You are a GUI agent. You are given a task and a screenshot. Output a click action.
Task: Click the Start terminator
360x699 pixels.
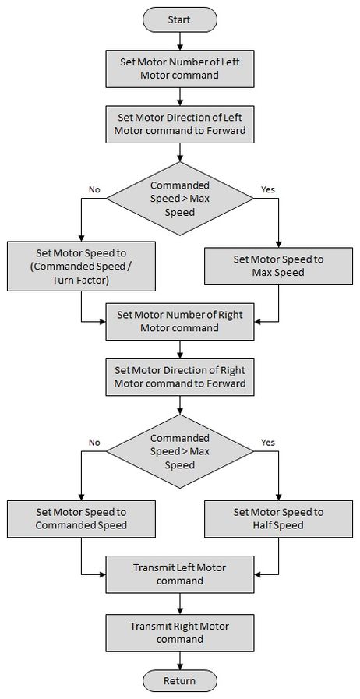coord(179,20)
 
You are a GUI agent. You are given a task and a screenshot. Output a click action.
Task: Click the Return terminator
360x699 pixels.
coord(179,681)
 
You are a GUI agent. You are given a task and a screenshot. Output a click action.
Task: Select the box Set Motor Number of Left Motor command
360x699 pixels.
coord(179,69)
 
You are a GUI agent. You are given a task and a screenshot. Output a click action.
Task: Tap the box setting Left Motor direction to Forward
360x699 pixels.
coord(179,125)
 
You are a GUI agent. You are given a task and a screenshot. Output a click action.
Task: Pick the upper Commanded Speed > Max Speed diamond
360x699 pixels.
coord(179,199)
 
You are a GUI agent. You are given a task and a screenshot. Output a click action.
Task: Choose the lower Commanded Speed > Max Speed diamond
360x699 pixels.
coord(179,452)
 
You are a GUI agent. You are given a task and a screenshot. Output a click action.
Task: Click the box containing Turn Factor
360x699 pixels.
coord(81,267)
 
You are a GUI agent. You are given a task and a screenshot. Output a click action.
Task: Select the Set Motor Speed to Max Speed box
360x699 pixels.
coord(278,267)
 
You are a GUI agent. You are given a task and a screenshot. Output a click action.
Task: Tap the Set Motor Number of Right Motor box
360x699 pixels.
coord(179,321)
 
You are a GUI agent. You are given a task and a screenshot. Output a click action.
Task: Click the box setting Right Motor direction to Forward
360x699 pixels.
coord(179,377)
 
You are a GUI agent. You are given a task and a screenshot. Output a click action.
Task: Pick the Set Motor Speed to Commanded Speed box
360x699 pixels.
coord(81,519)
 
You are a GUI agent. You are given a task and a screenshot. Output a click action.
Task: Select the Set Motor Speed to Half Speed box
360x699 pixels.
coord(278,519)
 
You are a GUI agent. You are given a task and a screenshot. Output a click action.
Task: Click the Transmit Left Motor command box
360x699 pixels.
coord(179,574)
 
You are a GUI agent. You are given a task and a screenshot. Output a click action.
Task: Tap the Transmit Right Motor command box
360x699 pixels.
coord(179,633)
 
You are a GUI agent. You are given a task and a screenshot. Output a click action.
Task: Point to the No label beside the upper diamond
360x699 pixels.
coord(94,189)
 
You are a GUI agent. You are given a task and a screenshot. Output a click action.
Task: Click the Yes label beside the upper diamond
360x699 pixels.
coord(268,189)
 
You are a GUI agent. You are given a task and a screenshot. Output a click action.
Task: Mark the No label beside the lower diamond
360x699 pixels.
coord(94,443)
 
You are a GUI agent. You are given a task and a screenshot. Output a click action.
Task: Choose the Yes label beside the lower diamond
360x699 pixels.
coord(268,443)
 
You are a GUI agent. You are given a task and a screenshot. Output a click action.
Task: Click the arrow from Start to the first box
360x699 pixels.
coord(179,41)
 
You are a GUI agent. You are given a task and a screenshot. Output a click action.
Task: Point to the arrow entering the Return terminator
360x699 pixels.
coord(179,661)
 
